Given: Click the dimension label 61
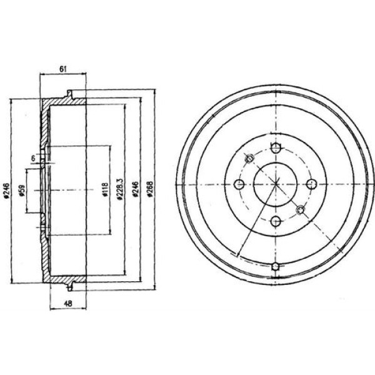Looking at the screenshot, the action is pyautogui.click(x=62, y=69).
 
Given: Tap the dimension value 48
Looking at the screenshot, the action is pyautogui.click(x=68, y=304).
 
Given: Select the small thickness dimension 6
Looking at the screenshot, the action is pyautogui.click(x=33, y=158).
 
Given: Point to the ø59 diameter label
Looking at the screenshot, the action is pyautogui.click(x=22, y=191).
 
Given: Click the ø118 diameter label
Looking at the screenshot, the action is pyautogui.click(x=106, y=189).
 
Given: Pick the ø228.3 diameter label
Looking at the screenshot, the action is pyautogui.click(x=120, y=189).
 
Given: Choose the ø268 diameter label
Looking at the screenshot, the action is pyautogui.click(x=150, y=189).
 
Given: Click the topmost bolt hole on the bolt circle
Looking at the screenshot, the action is pyautogui.click(x=276, y=147).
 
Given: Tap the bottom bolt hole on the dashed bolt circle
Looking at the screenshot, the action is pyautogui.click(x=276, y=221).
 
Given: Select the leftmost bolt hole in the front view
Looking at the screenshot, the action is pyautogui.click(x=239, y=184).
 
